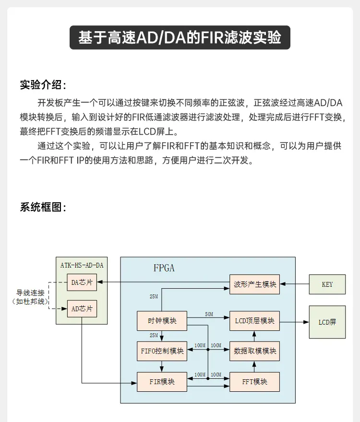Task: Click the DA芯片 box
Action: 82,282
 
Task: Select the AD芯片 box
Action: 82,309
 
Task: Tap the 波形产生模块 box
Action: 255,284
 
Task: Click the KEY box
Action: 327,284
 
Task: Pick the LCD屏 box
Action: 327,322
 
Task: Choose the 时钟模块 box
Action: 162,321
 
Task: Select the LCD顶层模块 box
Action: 255,321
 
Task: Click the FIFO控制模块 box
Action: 162,351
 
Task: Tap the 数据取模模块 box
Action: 255,351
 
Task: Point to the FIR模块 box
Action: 162,382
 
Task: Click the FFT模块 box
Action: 255,382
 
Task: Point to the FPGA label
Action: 164,268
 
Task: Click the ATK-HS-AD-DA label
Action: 82,265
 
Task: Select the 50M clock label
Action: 209,314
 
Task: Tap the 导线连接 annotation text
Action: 30,293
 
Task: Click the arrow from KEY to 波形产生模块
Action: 294,284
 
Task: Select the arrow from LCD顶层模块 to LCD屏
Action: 294,322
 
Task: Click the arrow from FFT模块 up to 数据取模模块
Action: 254,366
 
